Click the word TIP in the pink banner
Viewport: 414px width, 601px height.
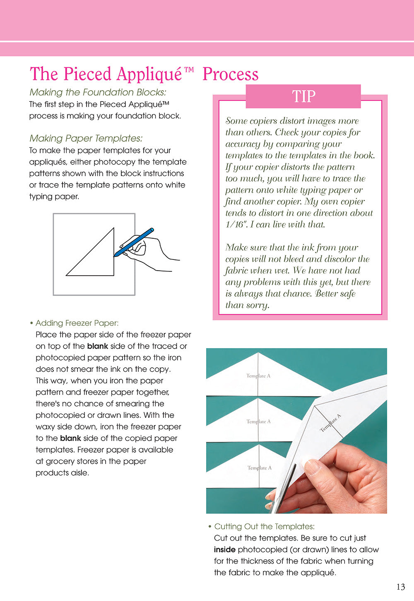[x=303, y=97]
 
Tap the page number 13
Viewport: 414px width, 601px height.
[x=400, y=587]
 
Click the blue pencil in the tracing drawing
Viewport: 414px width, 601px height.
[x=134, y=242]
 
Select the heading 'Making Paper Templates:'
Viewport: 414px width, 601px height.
[x=86, y=138]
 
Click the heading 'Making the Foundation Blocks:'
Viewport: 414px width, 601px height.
[x=98, y=92]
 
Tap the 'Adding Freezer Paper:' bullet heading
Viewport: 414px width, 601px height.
[x=77, y=323]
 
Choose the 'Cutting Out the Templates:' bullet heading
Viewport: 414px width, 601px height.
[x=264, y=526]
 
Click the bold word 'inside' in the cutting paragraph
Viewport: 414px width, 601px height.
[x=225, y=550]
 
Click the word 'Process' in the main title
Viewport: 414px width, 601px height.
[x=231, y=75]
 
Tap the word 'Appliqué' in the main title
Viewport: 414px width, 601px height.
[x=149, y=75]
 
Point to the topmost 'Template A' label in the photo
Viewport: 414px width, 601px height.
[x=258, y=376]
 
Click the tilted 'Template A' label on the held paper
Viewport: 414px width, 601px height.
[x=331, y=423]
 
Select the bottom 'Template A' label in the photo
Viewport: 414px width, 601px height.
[x=260, y=468]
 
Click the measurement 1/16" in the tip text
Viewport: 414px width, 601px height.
[x=236, y=225]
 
